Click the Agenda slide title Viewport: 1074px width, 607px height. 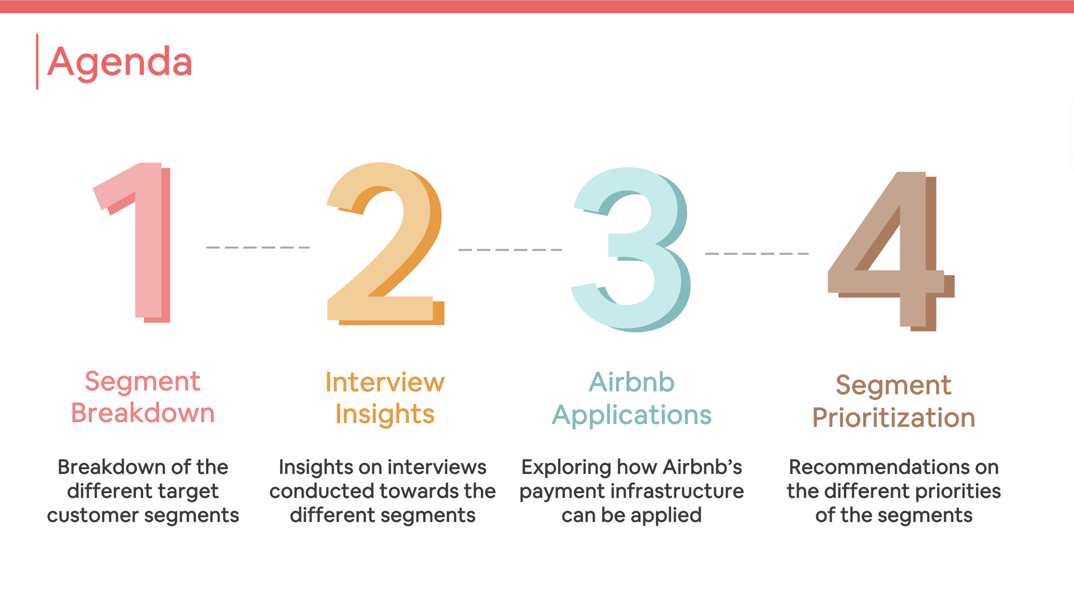click(120, 62)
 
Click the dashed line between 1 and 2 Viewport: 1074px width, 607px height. click(258, 247)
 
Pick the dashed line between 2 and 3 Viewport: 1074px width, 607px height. click(510, 250)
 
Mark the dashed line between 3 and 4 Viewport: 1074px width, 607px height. click(757, 254)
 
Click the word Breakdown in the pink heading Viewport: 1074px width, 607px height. click(143, 413)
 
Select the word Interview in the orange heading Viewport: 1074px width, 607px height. click(385, 382)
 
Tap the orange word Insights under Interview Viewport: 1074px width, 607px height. click(385, 414)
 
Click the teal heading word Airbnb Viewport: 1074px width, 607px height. click(631, 382)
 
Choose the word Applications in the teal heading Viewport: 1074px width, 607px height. click(631, 415)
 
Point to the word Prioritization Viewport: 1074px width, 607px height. click(894, 418)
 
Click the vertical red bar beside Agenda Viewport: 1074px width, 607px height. click(37, 62)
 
